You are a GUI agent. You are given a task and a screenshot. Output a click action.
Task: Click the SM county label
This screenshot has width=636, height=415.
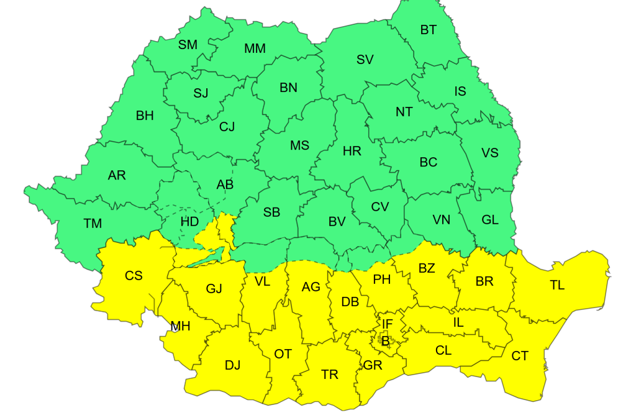point(188,44)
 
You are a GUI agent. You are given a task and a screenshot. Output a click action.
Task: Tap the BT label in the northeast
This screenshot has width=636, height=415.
point(429,29)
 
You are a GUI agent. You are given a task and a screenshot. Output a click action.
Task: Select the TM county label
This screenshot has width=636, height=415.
point(93,223)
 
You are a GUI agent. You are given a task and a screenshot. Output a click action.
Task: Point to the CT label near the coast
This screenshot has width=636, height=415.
point(520,356)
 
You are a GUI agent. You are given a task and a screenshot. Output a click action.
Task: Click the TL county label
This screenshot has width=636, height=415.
point(557,285)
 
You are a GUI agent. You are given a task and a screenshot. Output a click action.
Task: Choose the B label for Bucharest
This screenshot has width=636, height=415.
point(385,340)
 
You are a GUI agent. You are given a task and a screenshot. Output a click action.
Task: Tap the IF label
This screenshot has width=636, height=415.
point(387,324)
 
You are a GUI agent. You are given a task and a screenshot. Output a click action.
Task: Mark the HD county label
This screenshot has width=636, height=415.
point(189,221)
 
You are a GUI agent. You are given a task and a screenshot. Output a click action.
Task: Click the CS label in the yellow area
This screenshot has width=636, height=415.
point(134,275)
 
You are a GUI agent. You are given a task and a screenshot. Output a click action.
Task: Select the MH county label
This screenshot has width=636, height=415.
point(180,326)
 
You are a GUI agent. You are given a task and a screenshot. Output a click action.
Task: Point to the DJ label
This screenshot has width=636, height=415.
point(232,365)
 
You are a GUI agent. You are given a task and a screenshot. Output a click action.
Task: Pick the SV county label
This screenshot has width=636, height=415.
point(365,60)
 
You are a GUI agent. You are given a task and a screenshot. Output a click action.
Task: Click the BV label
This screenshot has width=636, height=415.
point(337,221)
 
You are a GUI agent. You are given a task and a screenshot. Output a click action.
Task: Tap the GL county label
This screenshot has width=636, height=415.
point(490,219)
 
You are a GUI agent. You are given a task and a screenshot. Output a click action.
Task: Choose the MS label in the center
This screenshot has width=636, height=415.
point(299,145)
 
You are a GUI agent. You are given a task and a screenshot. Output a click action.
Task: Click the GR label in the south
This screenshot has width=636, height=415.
point(373,365)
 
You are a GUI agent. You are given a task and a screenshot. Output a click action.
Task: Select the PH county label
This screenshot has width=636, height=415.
point(381,280)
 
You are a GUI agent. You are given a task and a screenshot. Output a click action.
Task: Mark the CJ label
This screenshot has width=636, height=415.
point(227,127)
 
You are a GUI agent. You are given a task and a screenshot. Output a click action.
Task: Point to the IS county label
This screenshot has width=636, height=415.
point(460,91)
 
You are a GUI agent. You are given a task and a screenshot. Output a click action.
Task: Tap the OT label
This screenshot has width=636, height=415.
point(283,354)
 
